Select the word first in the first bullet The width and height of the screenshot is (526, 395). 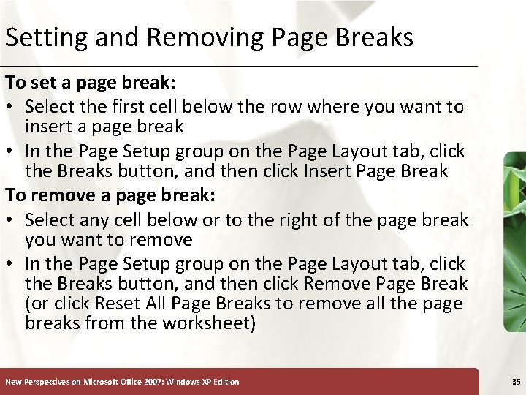click(125, 107)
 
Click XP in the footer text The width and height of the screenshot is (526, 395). click(206, 382)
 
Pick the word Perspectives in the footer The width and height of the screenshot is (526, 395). click(47, 382)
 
